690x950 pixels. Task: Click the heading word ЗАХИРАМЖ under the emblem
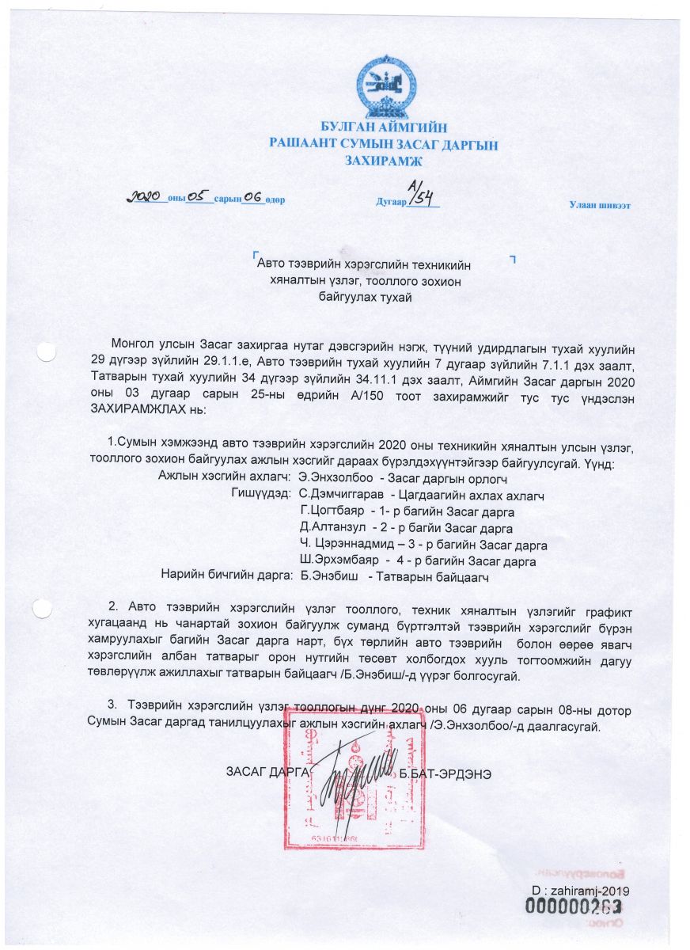coord(383,161)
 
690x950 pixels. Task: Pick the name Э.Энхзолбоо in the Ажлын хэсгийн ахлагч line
coord(335,478)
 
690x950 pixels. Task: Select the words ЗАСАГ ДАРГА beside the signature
coord(265,773)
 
